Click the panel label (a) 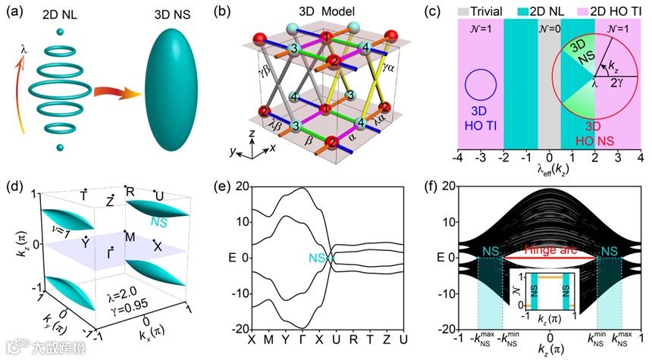click(x=14, y=11)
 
